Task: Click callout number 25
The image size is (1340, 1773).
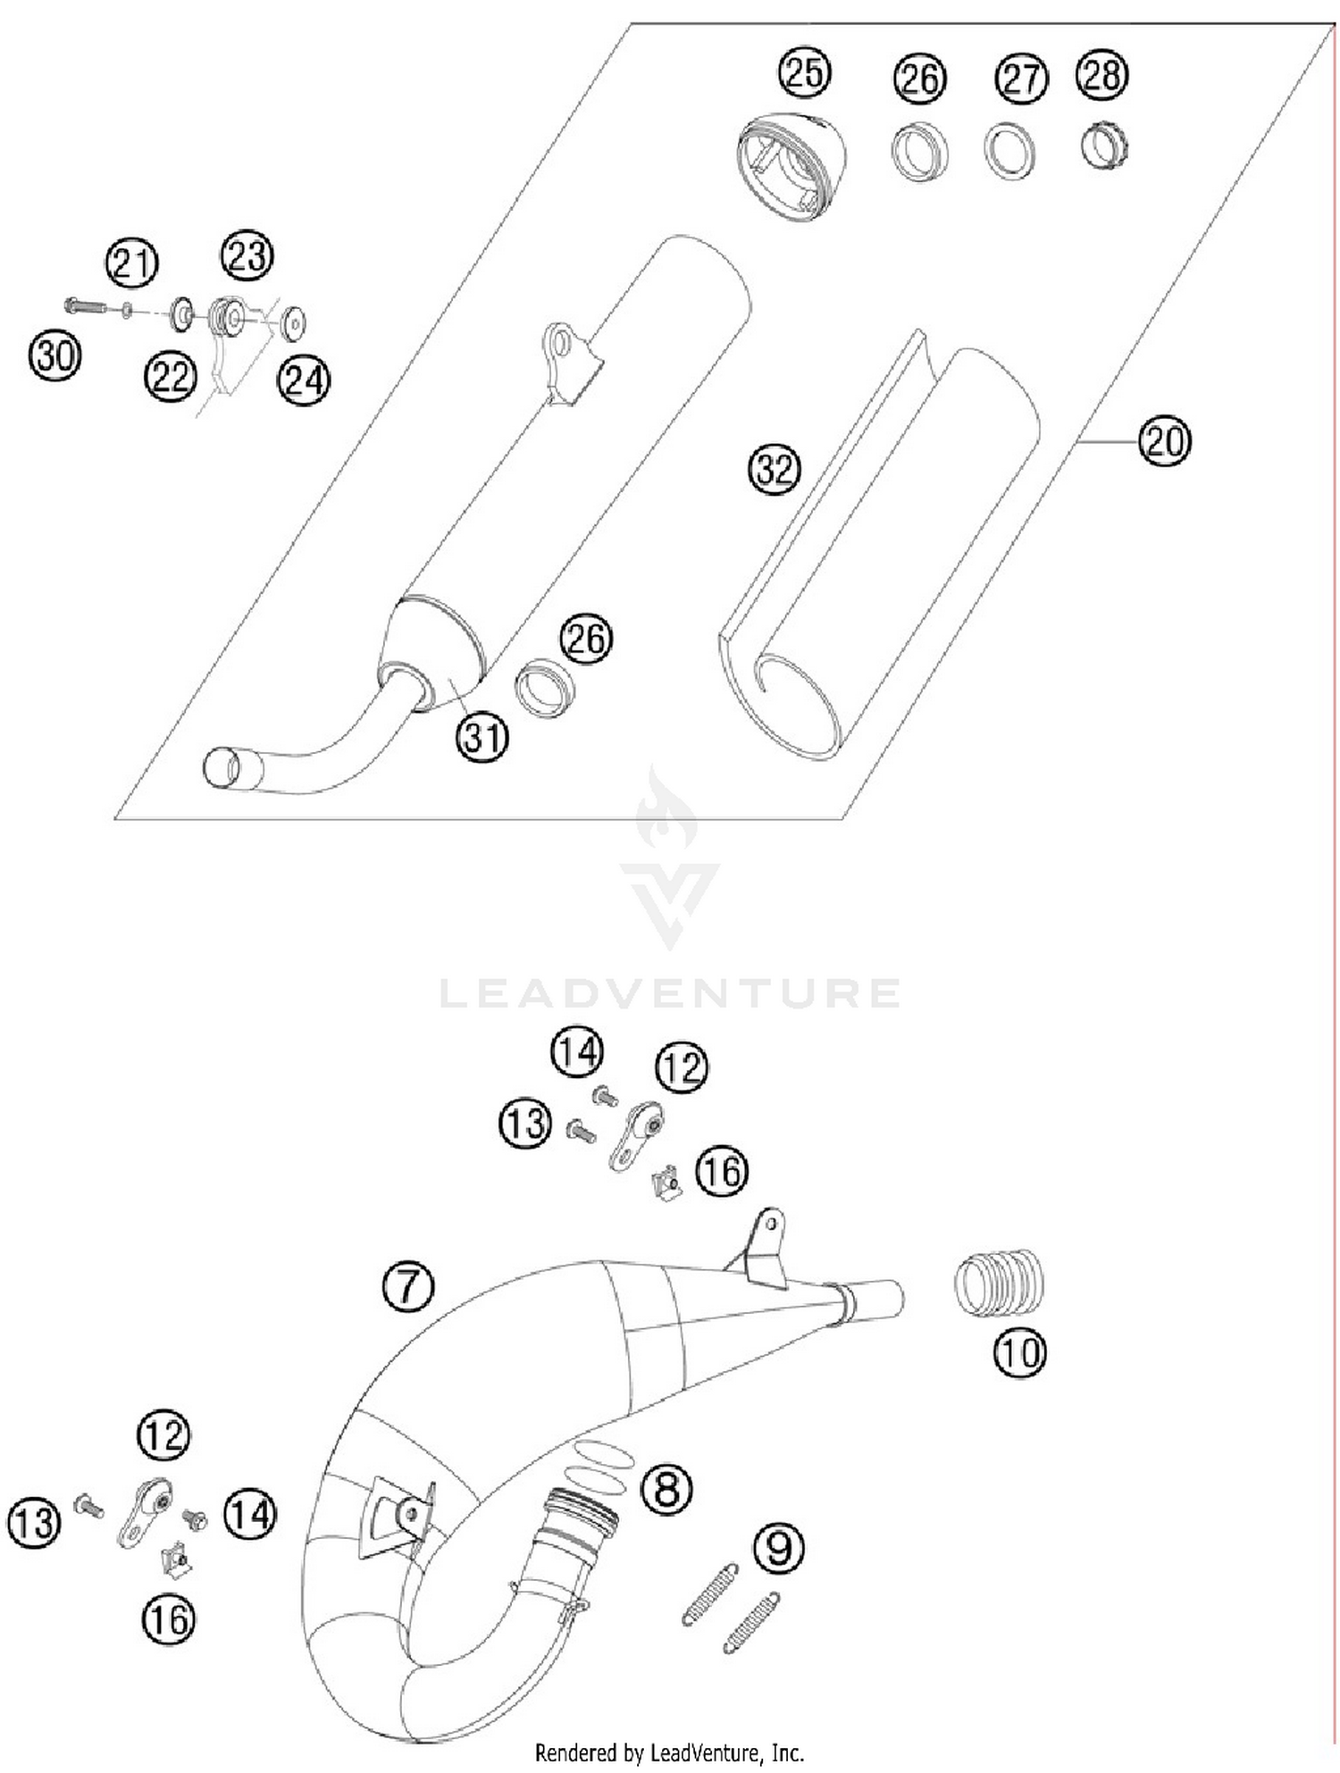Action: [804, 72]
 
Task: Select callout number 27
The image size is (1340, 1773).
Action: [1020, 79]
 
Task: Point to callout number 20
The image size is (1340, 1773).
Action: [1165, 441]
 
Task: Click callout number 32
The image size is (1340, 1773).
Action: [774, 469]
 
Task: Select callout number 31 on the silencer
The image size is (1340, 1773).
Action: [482, 737]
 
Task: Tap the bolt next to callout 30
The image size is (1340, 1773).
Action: [85, 308]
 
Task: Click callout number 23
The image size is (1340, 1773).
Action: [247, 256]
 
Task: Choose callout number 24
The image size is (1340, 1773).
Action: [304, 381]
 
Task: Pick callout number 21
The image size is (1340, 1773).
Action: [132, 263]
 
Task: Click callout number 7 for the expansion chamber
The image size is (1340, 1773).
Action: [407, 1286]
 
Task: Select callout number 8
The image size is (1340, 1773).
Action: [667, 1489]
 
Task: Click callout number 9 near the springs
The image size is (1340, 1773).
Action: [779, 1548]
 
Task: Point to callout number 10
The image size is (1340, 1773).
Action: [1018, 1352]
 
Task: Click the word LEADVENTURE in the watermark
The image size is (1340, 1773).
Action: [670, 993]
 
